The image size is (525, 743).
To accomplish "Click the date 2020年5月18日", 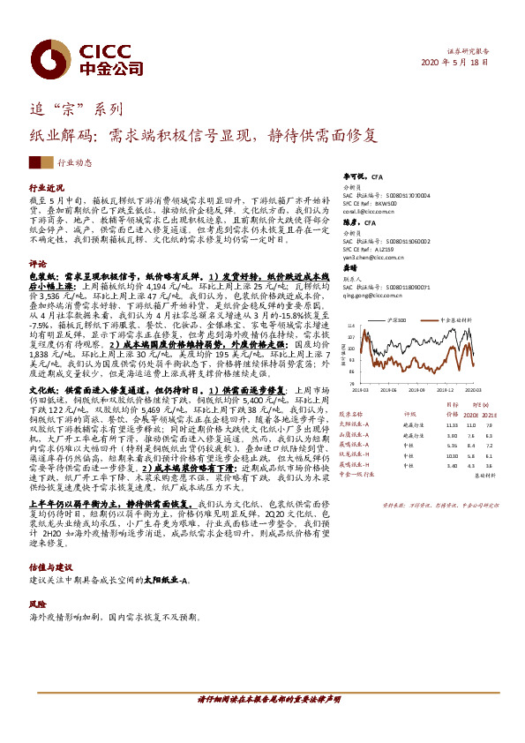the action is point(454,62).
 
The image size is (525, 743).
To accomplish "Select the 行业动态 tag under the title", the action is point(75,162).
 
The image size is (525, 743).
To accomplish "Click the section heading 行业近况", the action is point(48,189).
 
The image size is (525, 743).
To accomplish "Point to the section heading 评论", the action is point(38,264).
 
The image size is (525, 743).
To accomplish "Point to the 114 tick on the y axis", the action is point(352,326).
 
